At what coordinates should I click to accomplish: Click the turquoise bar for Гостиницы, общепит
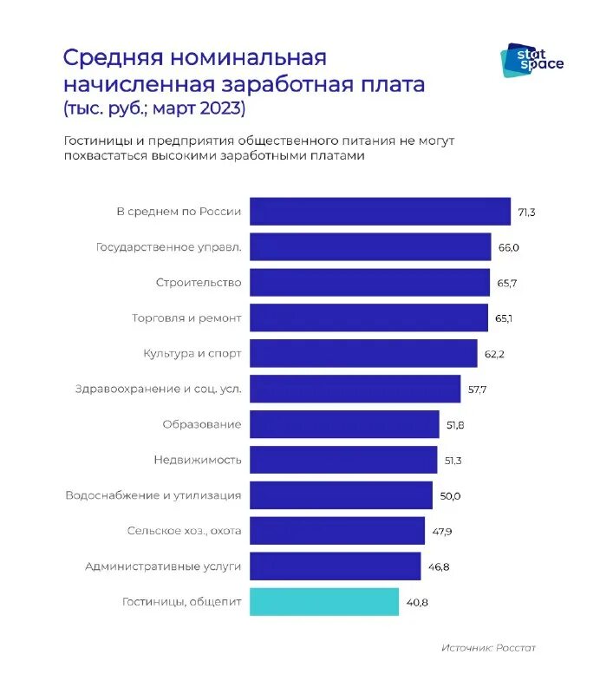tap(324, 602)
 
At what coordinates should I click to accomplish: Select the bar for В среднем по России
tap(380, 212)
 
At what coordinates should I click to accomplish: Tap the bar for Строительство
tap(369, 283)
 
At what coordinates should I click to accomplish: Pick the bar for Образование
tap(344, 424)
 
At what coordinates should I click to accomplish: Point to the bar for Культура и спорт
tap(363, 354)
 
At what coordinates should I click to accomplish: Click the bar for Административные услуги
tap(335, 566)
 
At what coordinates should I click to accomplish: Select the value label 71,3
tap(526, 212)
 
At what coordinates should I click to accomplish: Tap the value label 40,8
tap(415, 602)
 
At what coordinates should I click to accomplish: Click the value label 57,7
tap(477, 390)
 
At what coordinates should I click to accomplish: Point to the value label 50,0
tap(450, 495)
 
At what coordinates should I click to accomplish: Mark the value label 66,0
tap(508, 247)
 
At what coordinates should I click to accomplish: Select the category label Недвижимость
tap(198, 460)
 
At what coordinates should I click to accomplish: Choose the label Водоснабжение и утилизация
tap(153, 495)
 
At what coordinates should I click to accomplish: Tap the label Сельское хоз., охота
tap(184, 531)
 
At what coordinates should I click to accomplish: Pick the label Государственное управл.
tap(168, 247)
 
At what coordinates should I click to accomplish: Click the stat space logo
tap(532, 60)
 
